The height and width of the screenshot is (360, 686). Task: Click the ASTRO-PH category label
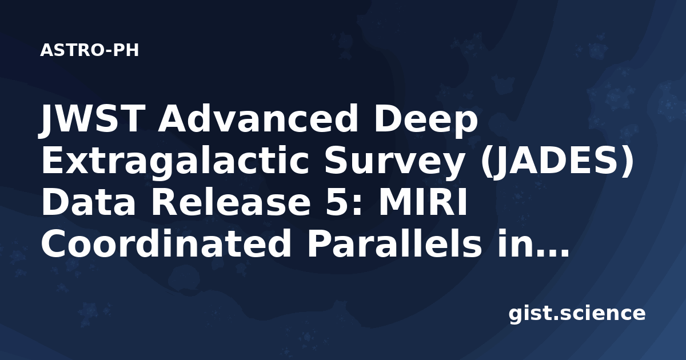click(89, 50)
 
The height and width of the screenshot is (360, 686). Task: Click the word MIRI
click(424, 202)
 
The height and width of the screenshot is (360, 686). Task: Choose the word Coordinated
click(166, 243)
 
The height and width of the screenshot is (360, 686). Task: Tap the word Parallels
click(394, 243)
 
